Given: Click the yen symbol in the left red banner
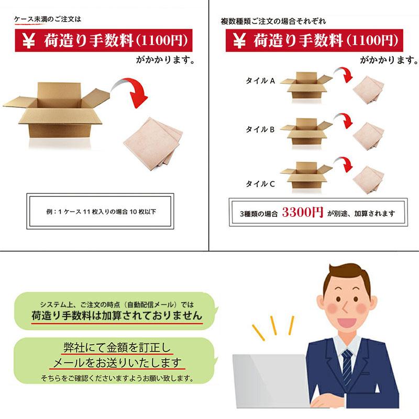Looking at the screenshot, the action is [x=29, y=41].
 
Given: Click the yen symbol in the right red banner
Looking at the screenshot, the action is [x=239, y=41].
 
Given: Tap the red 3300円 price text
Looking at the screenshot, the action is [x=303, y=213].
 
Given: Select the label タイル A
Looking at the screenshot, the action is [x=260, y=81].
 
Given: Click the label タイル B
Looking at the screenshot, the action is [x=260, y=129].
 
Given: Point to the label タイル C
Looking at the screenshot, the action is [x=260, y=184].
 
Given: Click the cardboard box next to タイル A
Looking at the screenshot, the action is [x=306, y=85].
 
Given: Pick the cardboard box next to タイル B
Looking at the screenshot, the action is [x=306, y=132].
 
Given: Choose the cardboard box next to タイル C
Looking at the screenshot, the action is [x=306, y=175].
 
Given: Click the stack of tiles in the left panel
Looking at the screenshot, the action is [x=153, y=144].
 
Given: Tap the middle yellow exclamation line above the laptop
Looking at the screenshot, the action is [x=273, y=325].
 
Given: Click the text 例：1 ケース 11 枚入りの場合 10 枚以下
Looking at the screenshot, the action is [x=101, y=212].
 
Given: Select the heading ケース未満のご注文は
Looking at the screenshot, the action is [x=48, y=19].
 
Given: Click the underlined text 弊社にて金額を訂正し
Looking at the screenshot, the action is [x=117, y=347].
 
